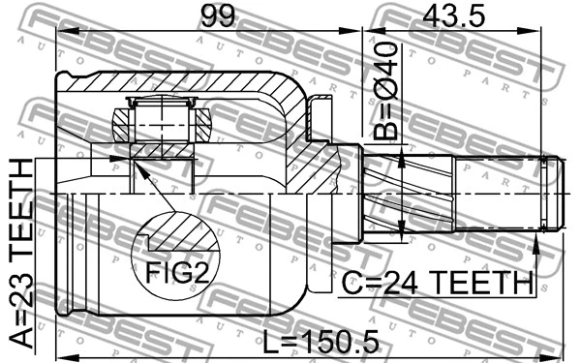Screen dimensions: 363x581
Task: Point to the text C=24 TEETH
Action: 438,284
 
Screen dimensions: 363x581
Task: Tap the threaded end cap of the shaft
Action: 552,194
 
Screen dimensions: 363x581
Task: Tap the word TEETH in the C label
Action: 483,284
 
